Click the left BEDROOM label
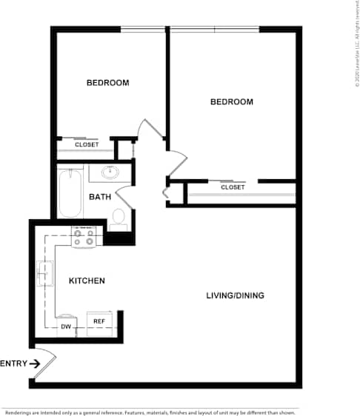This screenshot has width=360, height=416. tap(107, 82)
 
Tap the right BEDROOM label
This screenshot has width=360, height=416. tap(231, 101)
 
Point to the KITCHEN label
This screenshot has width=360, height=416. tap(87, 281)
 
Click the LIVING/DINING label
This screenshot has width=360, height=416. tap(235, 296)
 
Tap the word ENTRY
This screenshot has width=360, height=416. tap(13, 363)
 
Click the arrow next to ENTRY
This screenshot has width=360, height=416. tap(35, 363)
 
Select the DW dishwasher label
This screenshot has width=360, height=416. tap(66, 326)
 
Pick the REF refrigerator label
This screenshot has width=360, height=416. tap(99, 321)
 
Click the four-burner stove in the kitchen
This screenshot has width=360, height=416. tap(83, 238)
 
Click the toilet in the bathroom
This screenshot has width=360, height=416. tap(119, 216)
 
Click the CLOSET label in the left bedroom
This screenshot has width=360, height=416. tap(87, 144)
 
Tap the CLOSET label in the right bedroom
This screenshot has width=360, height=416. tap(233, 187)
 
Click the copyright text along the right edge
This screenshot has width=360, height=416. tap(356, 44)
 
